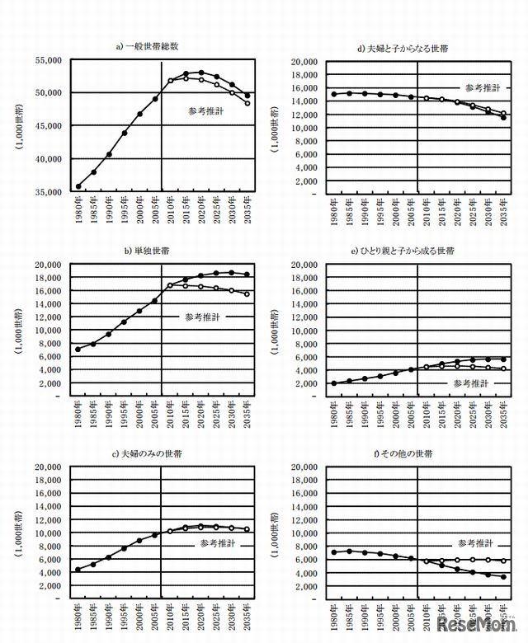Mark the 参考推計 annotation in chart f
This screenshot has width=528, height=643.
coord(475,544)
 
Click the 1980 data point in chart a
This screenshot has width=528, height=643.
coord(78,186)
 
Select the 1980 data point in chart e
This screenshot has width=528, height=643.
coord(334,383)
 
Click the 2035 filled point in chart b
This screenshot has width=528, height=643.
coord(247,275)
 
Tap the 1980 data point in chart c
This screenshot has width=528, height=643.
coord(78,570)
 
